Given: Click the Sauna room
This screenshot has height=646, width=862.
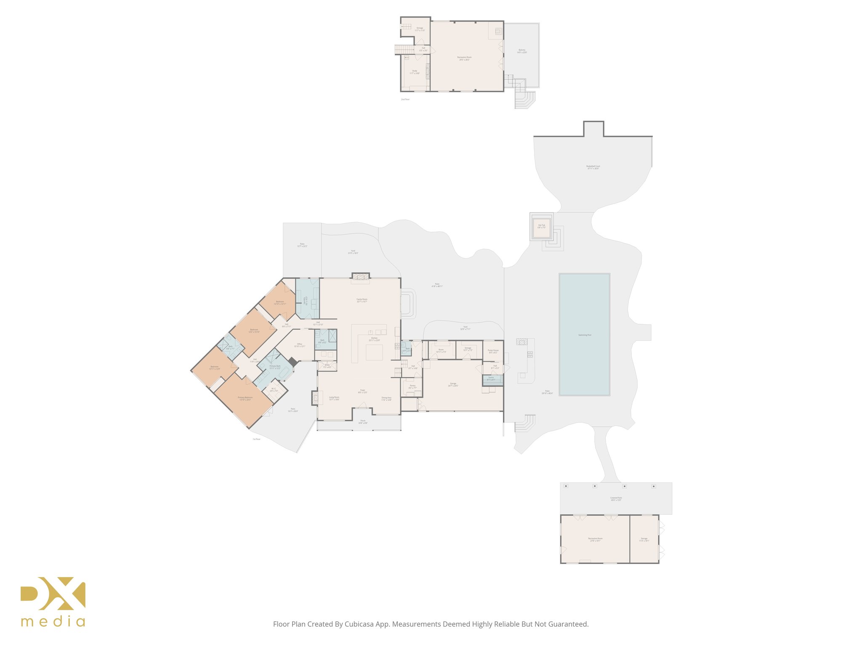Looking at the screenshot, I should point(492,379).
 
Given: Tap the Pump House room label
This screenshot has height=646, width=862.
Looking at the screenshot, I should point(493,351).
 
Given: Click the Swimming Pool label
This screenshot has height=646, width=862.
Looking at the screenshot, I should point(584,335).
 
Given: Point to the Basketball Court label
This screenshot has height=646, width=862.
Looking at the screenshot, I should point(593,167).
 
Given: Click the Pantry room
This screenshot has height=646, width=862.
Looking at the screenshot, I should point(412,387).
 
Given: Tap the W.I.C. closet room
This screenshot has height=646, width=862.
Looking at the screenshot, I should point(274,390).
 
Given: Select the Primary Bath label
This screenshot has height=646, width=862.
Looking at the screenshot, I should point(275,367).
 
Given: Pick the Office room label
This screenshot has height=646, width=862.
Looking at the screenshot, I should point(299,345).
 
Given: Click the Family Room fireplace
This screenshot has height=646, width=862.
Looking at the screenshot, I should point(360,276).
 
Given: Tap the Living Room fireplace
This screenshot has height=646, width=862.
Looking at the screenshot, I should point(315,398).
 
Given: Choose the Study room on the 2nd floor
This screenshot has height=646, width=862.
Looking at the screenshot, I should point(415,72).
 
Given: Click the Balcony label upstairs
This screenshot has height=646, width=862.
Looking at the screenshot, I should point(521,51).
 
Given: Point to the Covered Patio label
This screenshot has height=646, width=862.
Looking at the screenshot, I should point(616,499).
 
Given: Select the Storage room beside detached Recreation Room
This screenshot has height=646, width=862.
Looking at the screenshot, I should point(644,539).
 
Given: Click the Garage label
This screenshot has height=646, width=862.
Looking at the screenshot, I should point(453,384).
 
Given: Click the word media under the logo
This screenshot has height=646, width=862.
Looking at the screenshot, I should point(53,622).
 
